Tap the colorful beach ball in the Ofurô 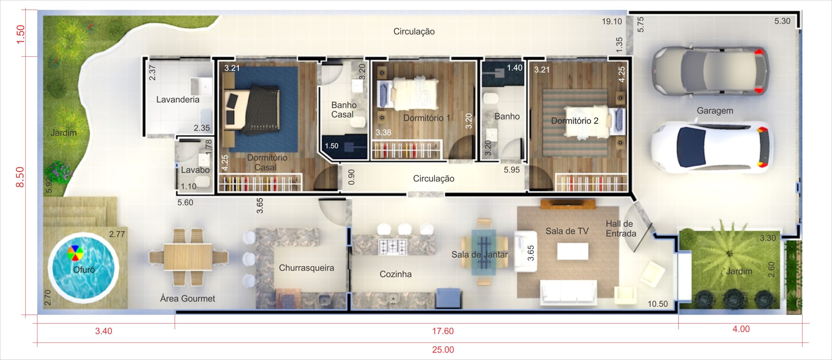pyautogui.click(x=75, y=253)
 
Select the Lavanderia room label pyautogui.click(x=178, y=99)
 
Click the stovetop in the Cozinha pyautogui.click(x=393, y=247)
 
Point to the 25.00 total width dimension pyautogui.click(x=443, y=350)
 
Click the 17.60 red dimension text pyautogui.click(x=443, y=331)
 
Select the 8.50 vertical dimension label pyautogui.click(x=20, y=177)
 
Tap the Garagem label pyautogui.click(x=715, y=111)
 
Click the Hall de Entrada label pyautogui.click(x=621, y=228)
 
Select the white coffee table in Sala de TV pyautogui.click(x=573, y=251)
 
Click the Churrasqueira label pyautogui.click(x=306, y=268)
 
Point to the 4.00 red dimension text pyautogui.click(x=741, y=329)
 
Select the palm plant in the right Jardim pyautogui.click(x=730, y=252)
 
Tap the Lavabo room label pyautogui.click(x=195, y=170)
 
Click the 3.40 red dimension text pyautogui.click(x=103, y=331)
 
